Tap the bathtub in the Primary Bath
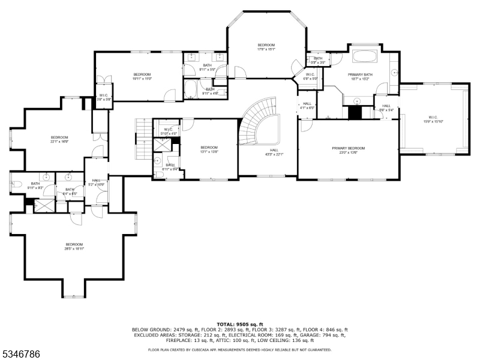(364, 58)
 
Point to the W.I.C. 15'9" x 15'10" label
(435, 119)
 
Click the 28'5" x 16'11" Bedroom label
(74, 246)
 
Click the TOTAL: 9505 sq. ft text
(239, 324)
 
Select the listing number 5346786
(22, 355)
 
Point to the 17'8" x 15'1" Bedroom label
(266, 47)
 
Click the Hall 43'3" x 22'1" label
(274, 152)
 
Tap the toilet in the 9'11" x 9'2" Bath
(17, 185)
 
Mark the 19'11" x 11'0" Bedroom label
(142, 76)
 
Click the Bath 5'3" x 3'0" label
(318, 60)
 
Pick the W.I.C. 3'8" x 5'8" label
(104, 97)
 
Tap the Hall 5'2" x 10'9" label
(97, 182)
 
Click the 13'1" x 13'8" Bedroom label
(209, 149)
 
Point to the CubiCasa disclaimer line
(239, 349)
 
